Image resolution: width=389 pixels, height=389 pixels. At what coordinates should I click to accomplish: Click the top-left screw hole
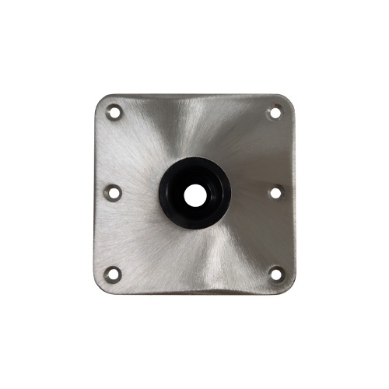click(x=114, y=112)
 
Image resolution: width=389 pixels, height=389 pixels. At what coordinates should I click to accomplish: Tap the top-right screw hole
click(x=275, y=113)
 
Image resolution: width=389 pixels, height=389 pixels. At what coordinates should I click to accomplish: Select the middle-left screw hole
click(x=113, y=191)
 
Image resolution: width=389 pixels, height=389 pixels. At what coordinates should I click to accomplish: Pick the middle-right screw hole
click(x=275, y=191)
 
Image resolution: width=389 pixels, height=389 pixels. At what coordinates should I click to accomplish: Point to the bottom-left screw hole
click(x=114, y=273)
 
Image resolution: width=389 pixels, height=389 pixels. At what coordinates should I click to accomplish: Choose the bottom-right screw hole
click(x=275, y=273)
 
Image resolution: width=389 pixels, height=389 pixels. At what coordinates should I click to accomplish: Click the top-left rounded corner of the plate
click(x=102, y=100)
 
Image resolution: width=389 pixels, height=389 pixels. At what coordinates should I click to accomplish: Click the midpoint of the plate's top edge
click(x=194, y=96)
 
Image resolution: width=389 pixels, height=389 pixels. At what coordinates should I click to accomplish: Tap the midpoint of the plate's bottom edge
click(x=194, y=291)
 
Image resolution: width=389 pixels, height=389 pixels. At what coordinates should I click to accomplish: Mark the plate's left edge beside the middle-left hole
click(x=97, y=191)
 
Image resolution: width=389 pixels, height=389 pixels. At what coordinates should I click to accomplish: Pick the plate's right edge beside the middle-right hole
click(x=291, y=191)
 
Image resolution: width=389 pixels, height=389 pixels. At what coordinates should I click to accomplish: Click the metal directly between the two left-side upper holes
click(x=114, y=152)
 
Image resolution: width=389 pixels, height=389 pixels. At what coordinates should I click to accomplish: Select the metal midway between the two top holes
click(x=194, y=113)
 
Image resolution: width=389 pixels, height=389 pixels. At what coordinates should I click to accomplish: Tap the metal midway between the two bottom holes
click(x=194, y=273)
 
